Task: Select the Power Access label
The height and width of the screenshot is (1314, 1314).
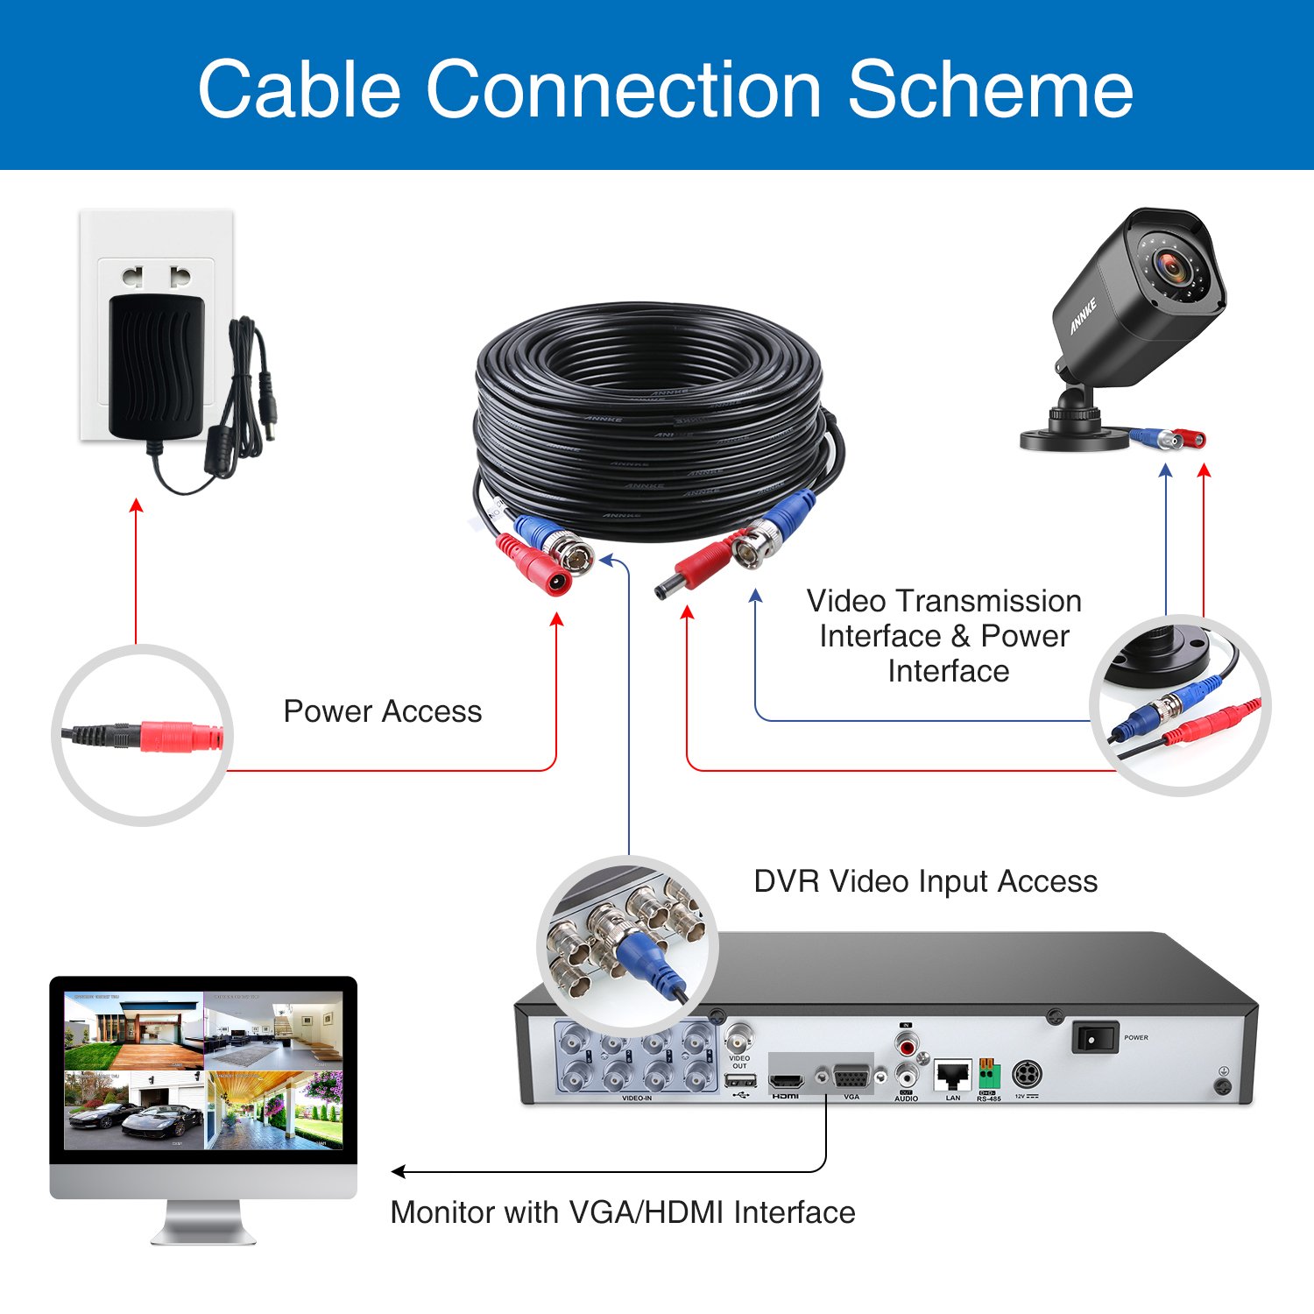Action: [383, 711]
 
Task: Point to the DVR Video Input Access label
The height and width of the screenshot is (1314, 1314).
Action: [925, 881]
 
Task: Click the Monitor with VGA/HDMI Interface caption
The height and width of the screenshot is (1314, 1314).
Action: [622, 1212]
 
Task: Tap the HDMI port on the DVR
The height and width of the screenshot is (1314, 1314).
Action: [786, 1080]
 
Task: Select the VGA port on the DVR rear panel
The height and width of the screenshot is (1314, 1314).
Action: [851, 1077]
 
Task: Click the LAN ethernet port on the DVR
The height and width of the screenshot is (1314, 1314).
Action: [952, 1074]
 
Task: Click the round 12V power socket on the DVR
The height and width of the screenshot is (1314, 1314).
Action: [1027, 1073]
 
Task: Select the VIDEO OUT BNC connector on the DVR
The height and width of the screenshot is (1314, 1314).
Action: [739, 1040]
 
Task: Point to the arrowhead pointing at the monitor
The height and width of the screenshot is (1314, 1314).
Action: [398, 1172]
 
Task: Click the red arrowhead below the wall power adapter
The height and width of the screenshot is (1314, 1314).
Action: [136, 505]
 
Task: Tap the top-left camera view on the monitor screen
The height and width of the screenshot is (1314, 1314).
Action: [133, 1030]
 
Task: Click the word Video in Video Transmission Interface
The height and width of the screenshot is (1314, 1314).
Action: [846, 602]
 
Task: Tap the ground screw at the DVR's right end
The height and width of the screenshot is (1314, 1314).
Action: [1224, 1086]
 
